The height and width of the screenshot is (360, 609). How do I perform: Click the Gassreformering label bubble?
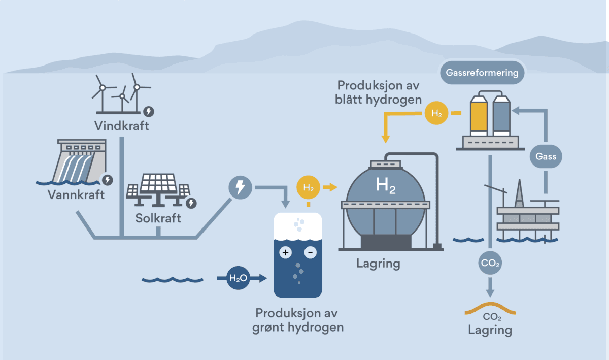point(482,73)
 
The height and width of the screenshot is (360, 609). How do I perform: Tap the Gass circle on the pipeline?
point(546,156)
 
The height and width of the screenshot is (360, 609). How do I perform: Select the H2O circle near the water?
point(237,278)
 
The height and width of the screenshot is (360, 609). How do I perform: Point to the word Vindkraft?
point(122,125)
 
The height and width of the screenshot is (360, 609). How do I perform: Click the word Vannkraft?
point(76,194)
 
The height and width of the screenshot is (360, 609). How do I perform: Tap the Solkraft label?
point(158,219)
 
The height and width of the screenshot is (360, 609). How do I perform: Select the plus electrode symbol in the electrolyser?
point(286,252)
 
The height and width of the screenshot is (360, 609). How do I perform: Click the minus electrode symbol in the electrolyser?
point(310,252)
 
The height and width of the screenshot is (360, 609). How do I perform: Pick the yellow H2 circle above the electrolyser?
point(308,187)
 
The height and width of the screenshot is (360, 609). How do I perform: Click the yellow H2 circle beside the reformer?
point(436,113)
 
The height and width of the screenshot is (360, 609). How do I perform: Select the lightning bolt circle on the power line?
point(240,188)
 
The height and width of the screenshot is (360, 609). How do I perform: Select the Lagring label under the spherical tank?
point(378,264)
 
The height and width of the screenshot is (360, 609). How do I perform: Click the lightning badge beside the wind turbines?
point(149,111)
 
